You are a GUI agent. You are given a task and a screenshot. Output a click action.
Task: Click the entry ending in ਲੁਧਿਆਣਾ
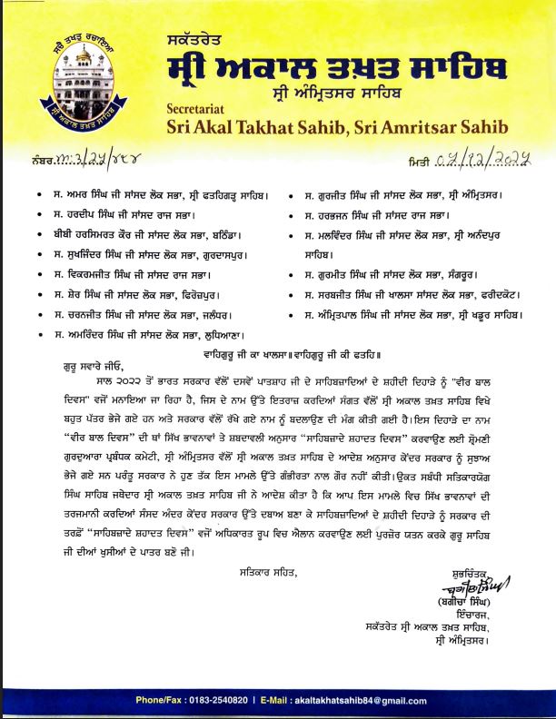point(144,335)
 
